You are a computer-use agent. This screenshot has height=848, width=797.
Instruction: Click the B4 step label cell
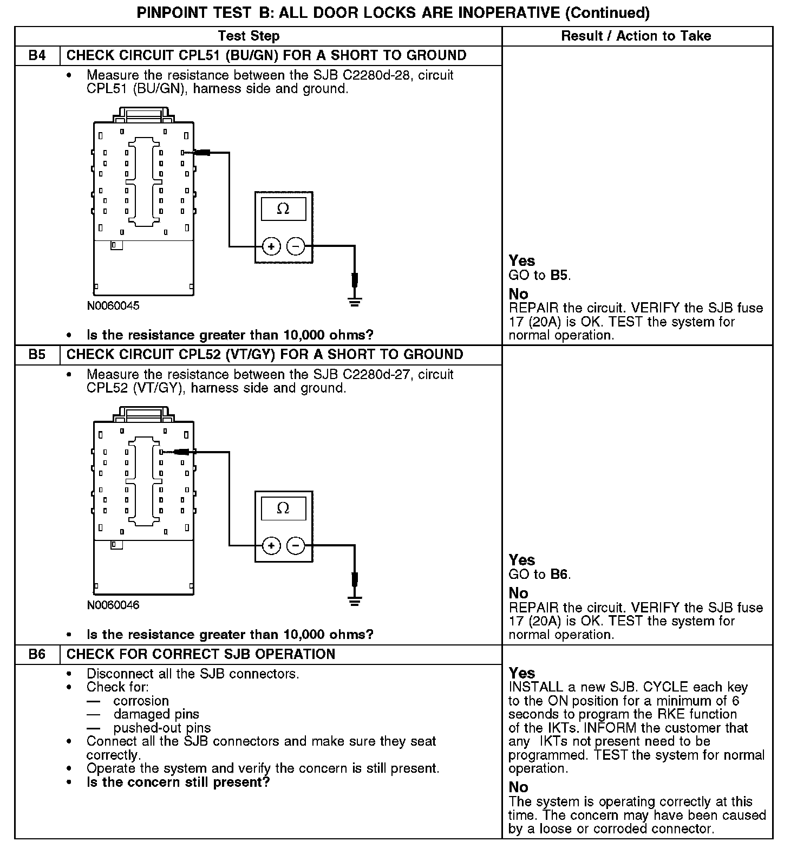37,56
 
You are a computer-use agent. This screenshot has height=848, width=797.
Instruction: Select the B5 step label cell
37,355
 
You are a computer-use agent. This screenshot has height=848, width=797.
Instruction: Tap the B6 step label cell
37,654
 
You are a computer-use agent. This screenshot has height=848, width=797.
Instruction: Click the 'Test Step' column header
249,36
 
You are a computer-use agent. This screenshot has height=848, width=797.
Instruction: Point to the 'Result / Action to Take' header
636,36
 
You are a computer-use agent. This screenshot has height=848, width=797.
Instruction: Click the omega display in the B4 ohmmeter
283,209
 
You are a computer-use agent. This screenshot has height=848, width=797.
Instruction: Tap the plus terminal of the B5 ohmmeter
271,546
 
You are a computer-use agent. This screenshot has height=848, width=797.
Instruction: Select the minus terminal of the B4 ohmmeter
296,247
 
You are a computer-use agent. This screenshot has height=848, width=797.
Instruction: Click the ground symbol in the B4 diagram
355,301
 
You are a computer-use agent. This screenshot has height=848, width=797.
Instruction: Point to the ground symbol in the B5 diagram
355,600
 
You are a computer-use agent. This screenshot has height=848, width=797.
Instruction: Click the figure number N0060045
113,306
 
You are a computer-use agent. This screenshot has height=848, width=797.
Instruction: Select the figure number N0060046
113,605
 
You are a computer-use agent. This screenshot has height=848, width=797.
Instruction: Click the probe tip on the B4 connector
202,153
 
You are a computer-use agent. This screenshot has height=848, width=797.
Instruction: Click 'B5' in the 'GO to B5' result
560,275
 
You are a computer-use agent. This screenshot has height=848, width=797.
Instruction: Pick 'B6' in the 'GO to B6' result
560,575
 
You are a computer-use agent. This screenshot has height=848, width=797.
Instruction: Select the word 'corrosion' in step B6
141,701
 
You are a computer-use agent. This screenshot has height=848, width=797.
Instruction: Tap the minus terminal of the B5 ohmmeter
296,546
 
